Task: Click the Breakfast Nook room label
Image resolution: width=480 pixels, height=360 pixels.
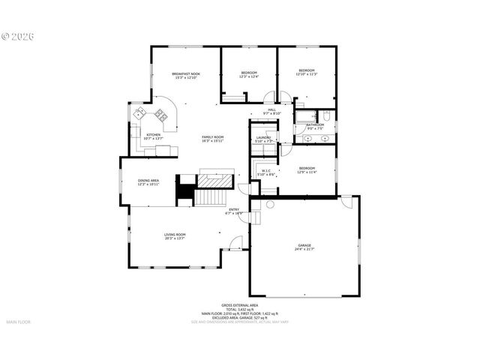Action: coord(186,74)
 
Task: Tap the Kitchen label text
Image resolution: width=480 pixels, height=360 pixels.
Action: coord(153,136)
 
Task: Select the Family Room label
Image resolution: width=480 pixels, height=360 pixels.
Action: coord(213,138)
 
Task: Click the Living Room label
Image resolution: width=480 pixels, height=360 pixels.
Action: coord(175,235)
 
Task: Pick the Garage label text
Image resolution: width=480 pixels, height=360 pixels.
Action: coord(304,246)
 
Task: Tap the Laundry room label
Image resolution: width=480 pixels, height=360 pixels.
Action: coord(262,138)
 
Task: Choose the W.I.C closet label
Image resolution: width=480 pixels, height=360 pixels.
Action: coord(265,171)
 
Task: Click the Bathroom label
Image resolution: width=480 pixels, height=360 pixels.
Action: coord(314,125)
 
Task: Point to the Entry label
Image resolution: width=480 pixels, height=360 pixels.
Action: coord(234,210)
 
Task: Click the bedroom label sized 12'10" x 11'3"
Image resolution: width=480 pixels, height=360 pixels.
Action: coord(307,71)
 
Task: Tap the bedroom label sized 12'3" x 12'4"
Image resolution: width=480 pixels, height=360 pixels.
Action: coord(248,73)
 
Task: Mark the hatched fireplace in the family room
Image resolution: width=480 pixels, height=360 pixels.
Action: coord(216,181)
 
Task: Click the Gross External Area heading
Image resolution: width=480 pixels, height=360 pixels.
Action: coord(240,305)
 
